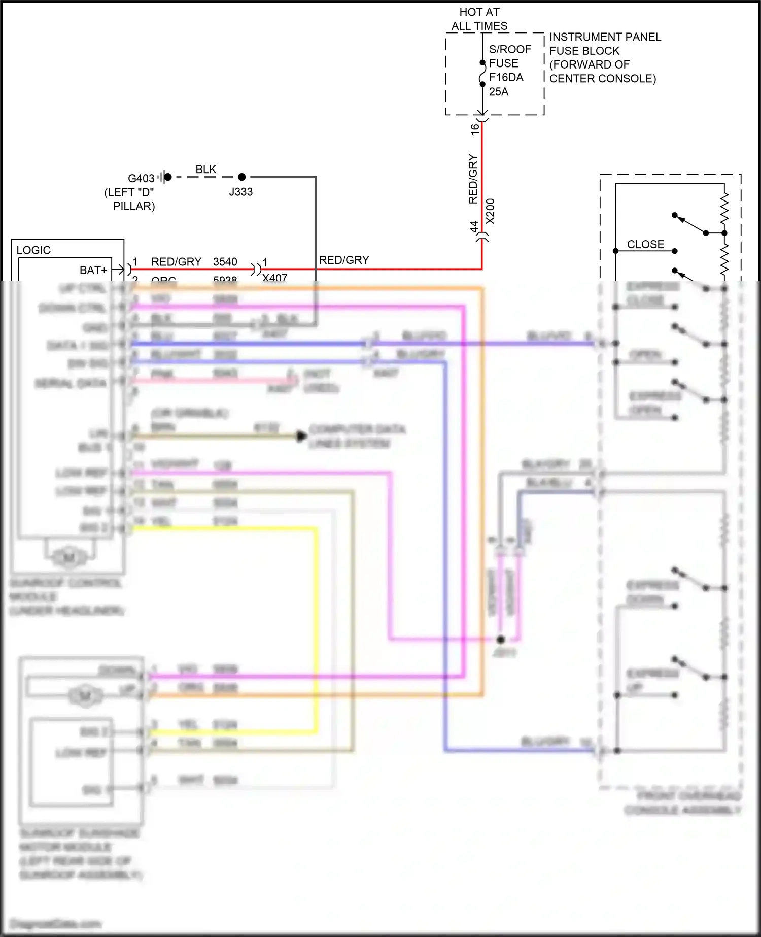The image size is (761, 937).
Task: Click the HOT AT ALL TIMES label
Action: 479,19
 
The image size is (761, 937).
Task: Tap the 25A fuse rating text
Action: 498,92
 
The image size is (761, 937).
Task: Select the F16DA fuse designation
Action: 506,78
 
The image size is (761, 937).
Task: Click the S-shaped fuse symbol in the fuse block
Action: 482,74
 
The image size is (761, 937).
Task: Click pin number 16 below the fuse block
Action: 474,129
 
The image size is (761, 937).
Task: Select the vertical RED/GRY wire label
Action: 473,179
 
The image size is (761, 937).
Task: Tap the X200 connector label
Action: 490,211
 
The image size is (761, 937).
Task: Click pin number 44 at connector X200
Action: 474,226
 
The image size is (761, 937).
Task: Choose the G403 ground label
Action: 141,179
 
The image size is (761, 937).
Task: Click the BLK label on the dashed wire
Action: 206,169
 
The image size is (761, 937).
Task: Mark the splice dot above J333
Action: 242,177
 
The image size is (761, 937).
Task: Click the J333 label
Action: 240,192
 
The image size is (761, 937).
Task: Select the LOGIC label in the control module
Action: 33,250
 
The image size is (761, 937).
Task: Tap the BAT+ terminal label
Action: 93,270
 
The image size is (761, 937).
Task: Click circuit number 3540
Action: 225,262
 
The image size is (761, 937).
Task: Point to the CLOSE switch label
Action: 645,244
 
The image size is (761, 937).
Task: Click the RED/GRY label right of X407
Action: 344,260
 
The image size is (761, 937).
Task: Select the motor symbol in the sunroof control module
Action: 69,557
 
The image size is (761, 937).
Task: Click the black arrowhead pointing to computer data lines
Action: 301,436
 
